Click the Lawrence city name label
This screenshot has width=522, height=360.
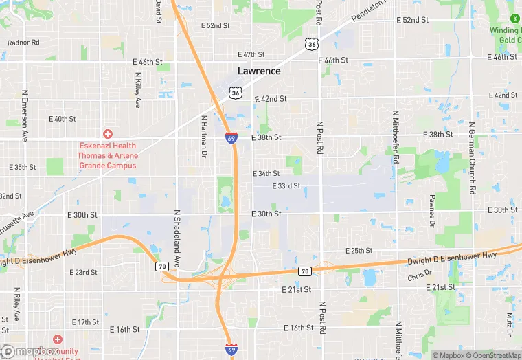(259, 71)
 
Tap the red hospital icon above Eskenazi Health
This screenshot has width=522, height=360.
(107, 133)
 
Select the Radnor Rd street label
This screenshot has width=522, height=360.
(23, 43)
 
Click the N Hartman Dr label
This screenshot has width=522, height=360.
(203, 137)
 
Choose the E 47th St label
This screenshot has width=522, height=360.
(251, 54)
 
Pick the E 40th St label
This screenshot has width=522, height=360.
(62, 119)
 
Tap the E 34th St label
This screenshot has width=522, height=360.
(266, 174)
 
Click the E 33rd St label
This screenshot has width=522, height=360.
(286, 186)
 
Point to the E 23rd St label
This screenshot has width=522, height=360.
(84, 273)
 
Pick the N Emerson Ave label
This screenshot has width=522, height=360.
(24, 115)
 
